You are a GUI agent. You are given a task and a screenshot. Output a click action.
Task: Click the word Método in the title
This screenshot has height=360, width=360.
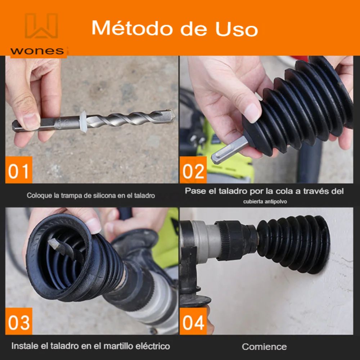tap(132, 28)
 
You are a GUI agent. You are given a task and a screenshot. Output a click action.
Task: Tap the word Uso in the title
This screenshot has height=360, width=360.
tap(237, 29)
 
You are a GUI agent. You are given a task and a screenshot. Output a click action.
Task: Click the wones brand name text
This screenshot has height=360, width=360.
tap(37, 51)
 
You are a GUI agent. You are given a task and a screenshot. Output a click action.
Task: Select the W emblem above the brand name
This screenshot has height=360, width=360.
tap(41, 26)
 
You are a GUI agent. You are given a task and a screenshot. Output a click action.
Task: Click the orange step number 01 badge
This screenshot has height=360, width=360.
tap(19, 170)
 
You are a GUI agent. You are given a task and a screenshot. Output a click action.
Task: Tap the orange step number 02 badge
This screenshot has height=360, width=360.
tap(193, 170)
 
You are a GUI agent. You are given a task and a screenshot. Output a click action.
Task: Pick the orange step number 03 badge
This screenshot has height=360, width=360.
tap(19, 321)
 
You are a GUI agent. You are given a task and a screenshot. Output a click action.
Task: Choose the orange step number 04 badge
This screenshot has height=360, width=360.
tap(193, 321)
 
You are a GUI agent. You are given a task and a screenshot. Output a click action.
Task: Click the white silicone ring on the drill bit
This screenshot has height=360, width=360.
tap(84, 122)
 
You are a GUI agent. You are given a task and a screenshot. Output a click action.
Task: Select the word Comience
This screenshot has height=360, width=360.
tap(264, 347)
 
